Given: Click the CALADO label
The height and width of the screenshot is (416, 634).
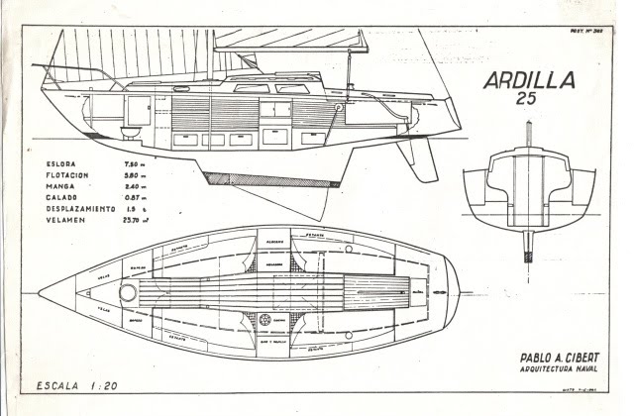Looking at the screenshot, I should coord(64,196).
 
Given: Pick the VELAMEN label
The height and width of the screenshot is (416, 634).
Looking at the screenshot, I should coord(68,219).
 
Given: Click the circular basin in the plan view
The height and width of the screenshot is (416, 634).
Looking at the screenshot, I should coord(130,292).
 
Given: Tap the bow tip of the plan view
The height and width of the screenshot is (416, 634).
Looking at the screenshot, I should coord(40,292).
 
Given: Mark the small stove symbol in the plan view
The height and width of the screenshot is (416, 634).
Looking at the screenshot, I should coord(265,319).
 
